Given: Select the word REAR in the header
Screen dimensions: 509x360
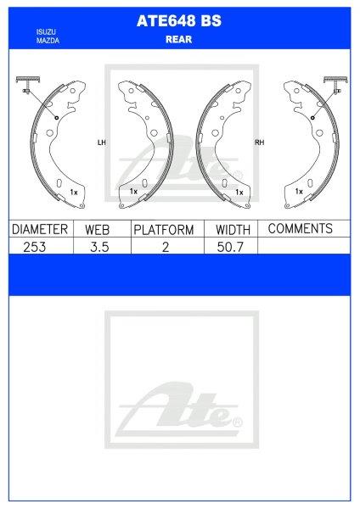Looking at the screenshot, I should (x=179, y=38).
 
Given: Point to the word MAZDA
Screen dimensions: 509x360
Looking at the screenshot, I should (x=46, y=40).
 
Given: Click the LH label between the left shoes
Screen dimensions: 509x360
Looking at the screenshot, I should (x=101, y=143).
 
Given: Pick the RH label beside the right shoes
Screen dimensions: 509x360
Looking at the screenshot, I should (x=259, y=143).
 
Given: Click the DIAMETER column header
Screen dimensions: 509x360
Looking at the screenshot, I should (x=39, y=230).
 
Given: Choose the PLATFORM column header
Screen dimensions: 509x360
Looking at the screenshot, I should (x=163, y=230).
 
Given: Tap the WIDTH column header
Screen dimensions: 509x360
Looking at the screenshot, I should (x=232, y=230).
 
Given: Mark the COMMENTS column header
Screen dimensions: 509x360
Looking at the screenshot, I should (x=300, y=229).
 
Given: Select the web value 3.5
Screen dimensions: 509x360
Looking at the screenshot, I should (x=99, y=246).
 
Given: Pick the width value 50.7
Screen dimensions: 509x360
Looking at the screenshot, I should (x=232, y=246).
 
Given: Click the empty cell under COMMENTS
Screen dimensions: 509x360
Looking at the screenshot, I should (x=303, y=246).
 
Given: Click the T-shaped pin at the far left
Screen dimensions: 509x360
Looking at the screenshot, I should (x=25, y=85).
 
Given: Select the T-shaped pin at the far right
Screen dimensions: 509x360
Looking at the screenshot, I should (x=335, y=85).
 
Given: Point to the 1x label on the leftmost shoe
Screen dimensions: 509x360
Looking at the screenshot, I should (x=74, y=193).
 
